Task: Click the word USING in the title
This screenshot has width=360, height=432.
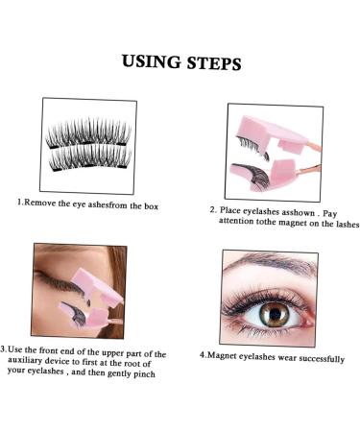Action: [x=151, y=63]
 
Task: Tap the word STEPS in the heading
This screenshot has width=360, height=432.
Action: [x=214, y=63]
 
